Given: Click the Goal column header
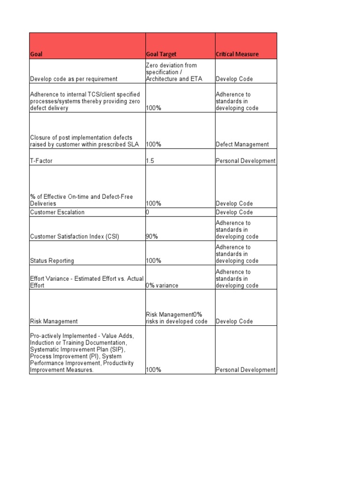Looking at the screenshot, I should tap(36, 54).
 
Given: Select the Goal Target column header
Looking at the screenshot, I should tap(161, 54).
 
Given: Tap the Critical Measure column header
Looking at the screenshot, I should tap(237, 54).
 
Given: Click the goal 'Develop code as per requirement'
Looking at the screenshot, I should tap(74, 79).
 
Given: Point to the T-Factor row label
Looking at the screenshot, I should tap(41, 161).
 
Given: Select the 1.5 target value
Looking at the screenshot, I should tap(150, 161).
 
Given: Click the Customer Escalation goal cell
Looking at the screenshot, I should tap(57, 212).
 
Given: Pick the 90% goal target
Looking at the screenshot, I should tap(151, 237).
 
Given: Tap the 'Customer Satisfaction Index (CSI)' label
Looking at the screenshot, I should tap(75, 237).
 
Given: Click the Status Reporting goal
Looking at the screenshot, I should tap(52, 261).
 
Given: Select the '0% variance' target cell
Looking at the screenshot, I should tap(162, 285).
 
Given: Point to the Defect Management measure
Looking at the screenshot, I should tap(242, 144).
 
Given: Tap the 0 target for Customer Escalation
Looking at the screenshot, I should tap(147, 212).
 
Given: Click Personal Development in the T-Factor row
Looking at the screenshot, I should tap(246, 161).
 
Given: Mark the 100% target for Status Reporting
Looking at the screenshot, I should tap(153, 261).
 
